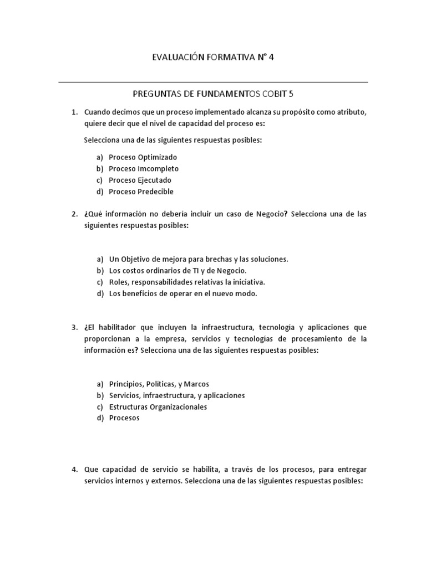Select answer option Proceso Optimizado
[143, 157]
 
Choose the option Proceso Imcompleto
[143, 169]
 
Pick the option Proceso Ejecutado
[140, 181]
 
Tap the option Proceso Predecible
[141, 192]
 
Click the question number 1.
[74, 112]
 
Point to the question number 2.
[74, 214]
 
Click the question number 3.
[74, 327]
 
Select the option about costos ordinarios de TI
[177, 271]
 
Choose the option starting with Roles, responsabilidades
[183, 282]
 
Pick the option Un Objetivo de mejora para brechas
[198, 259]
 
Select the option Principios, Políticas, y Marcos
[159, 384]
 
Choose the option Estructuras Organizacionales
[158, 407]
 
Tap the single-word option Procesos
[124, 419]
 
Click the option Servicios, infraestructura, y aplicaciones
[176, 395]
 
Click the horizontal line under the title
[213, 83]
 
